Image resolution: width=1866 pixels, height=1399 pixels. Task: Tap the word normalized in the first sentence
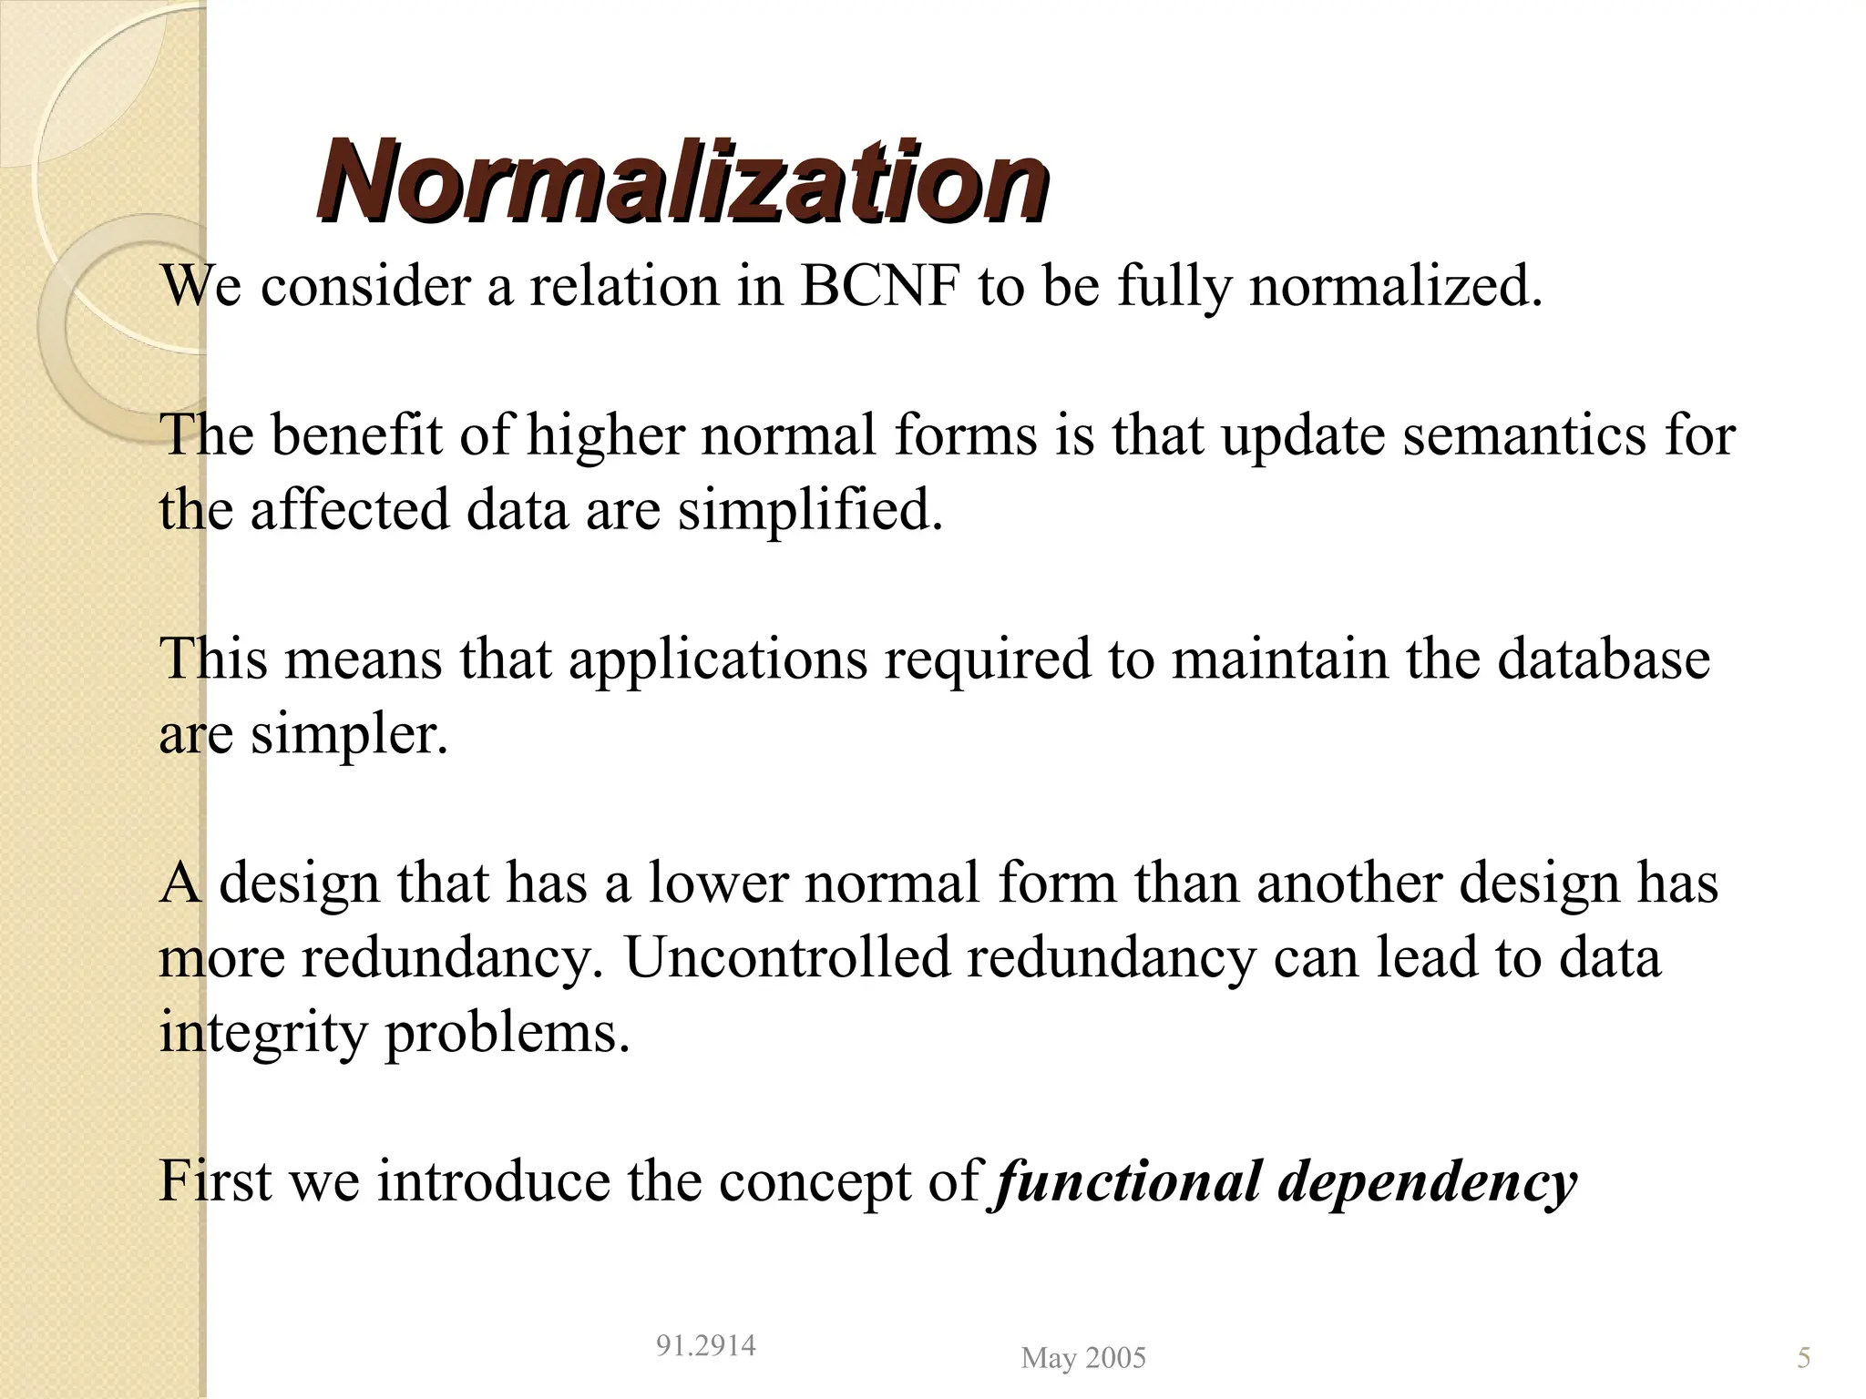(1394, 286)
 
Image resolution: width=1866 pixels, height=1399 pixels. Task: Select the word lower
(716, 883)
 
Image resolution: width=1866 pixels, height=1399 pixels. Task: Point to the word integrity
(261, 1033)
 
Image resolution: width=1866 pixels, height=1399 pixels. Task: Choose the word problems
(507, 1033)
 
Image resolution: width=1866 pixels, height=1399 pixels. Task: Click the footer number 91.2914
(705, 1345)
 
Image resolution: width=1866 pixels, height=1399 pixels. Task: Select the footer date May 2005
(1083, 1358)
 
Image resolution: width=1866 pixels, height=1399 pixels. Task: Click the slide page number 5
(1803, 1358)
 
